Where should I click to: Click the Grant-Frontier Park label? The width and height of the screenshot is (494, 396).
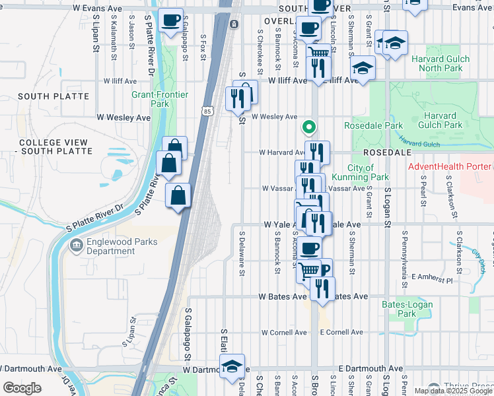click(160, 99)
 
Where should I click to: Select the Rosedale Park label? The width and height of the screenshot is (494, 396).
click(373, 125)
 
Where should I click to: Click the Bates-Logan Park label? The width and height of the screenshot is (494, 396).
click(407, 309)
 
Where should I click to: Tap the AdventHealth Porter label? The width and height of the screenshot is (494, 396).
click(450, 166)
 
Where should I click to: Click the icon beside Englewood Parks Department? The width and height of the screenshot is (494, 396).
click(76, 246)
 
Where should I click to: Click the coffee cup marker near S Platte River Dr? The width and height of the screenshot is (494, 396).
click(171, 20)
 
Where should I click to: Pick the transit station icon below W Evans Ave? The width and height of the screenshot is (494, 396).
click(234, 24)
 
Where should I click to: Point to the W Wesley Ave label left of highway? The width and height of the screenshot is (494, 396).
click(123, 117)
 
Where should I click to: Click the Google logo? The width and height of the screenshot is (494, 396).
click(22, 387)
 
